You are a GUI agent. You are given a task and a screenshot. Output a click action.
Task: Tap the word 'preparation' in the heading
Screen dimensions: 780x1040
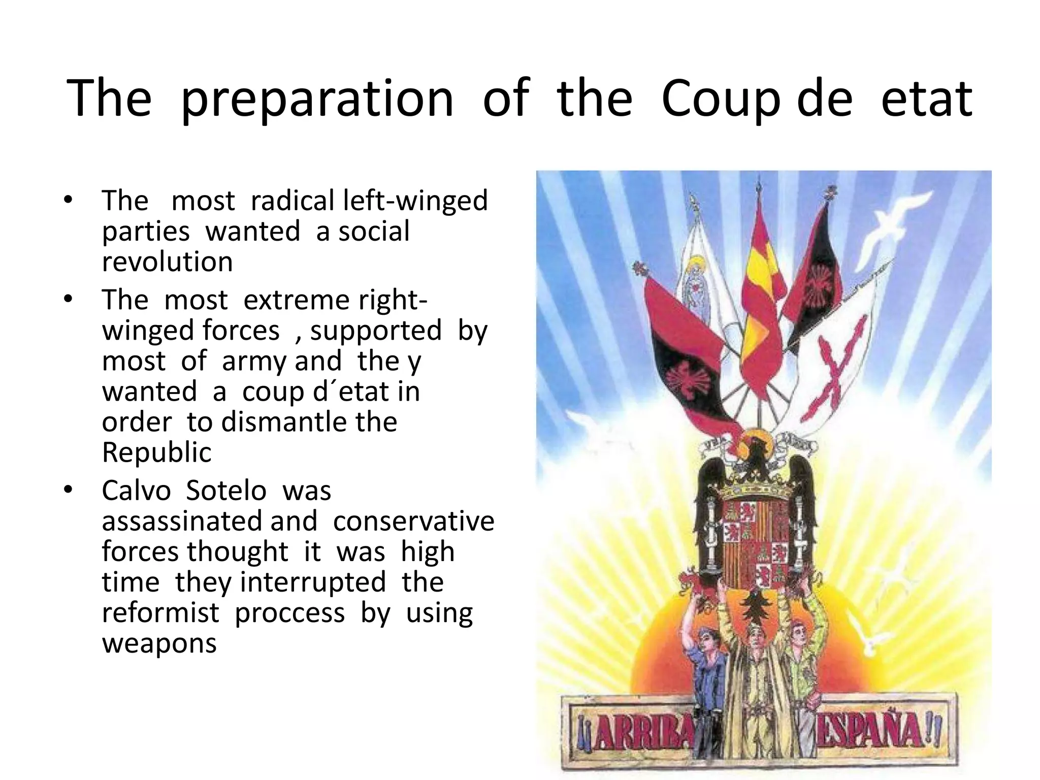316,99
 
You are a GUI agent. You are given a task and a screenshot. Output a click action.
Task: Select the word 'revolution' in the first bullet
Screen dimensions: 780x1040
167,262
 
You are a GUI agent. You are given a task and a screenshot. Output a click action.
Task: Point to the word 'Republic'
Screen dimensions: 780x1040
156,452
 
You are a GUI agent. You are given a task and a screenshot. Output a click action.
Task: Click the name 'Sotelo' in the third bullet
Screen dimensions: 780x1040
226,491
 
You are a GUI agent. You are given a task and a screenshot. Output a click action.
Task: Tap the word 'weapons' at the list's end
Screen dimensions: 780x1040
159,643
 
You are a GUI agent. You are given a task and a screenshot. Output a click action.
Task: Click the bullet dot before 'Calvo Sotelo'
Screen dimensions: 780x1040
69,490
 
